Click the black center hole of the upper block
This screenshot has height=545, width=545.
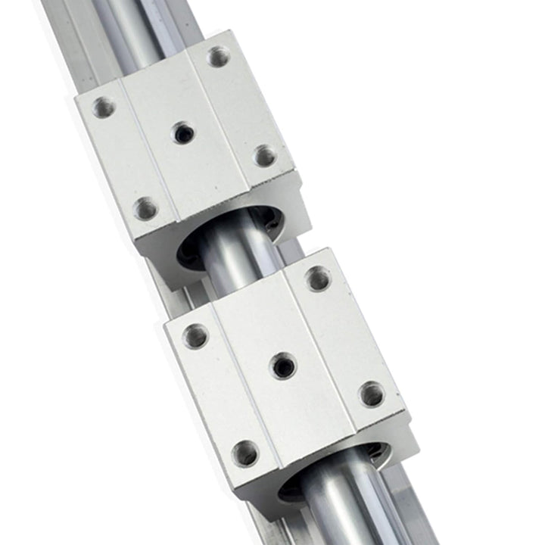coord(182,133)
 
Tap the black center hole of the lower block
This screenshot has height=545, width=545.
coord(284,366)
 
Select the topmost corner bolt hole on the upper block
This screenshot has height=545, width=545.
coord(219,56)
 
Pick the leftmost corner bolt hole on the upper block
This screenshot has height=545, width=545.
coord(104,107)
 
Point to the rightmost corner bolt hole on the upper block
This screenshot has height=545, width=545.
coord(264,156)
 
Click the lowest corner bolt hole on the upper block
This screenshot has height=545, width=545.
coord(145,207)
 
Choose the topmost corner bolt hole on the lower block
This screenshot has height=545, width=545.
coord(318,279)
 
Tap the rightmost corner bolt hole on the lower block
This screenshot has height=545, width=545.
coord(371,394)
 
